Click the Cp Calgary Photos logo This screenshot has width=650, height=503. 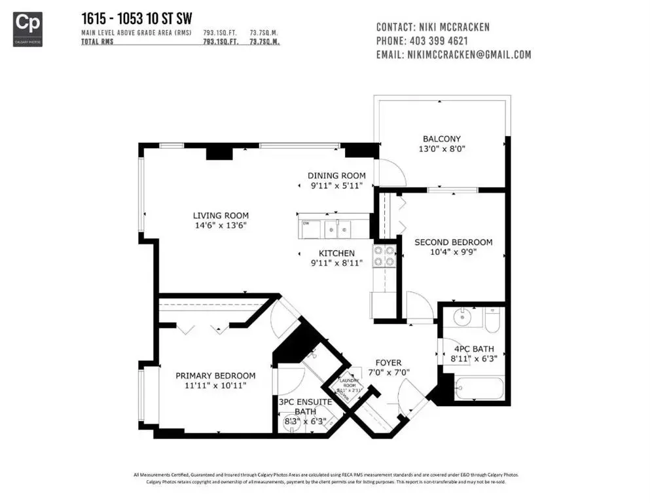(x=27, y=29)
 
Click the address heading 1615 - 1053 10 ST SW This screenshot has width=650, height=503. (x=136, y=18)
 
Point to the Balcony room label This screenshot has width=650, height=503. (x=441, y=139)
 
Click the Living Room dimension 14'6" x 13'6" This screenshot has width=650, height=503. (x=220, y=225)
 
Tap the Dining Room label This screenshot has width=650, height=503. (x=336, y=176)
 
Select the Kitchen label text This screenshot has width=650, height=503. (x=336, y=253)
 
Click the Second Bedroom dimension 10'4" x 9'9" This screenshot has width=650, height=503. (x=453, y=252)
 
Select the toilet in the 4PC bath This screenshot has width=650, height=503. (x=493, y=320)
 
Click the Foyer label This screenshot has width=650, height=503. (x=388, y=363)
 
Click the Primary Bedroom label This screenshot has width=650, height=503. (x=215, y=375)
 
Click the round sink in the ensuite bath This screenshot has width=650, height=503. (x=291, y=424)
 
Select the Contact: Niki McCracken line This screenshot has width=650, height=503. (x=433, y=27)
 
